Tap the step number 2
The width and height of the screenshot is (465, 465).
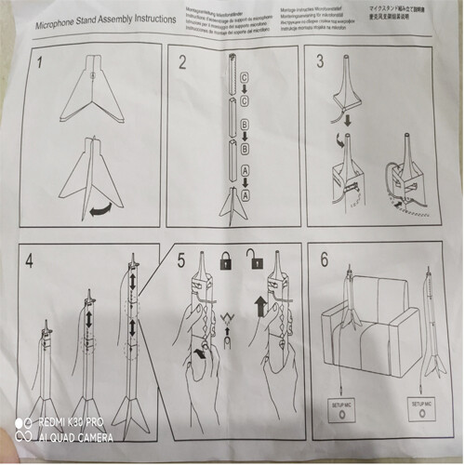pyautogui.click(x=184, y=64)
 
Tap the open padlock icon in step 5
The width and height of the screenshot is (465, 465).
pyautogui.click(x=251, y=262)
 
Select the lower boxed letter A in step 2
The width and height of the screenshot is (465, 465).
pyautogui.click(x=245, y=194)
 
